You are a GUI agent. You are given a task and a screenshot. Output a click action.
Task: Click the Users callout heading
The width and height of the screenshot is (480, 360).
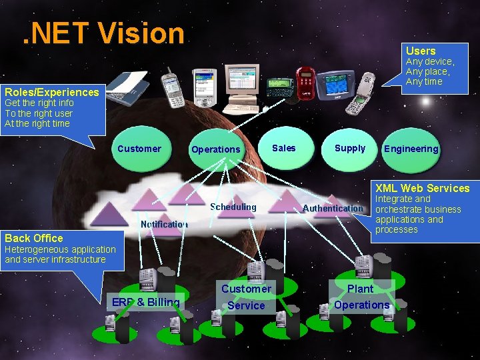tap(421, 51)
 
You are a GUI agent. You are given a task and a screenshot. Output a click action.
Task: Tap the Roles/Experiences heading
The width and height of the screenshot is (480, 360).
tap(51, 93)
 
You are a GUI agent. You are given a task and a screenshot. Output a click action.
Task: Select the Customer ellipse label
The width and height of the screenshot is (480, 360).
tap(139, 149)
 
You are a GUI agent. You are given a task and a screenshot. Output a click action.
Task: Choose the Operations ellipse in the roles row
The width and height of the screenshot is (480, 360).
tap(215, 149)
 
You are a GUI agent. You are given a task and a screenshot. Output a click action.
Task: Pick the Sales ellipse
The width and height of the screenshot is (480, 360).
tap(284, 148)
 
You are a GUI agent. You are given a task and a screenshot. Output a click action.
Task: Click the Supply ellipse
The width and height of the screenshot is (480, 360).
tap(350, 148)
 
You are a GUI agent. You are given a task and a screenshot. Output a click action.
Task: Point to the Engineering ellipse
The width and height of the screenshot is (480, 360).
tap(411, 149)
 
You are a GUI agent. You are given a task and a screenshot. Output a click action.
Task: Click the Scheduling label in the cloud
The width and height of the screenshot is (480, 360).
tap(233, 207)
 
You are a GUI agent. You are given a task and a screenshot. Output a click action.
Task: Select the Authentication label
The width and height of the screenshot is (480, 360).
tap(333, 208)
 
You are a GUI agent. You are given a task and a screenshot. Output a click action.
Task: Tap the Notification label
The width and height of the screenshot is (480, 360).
tap(164, 224)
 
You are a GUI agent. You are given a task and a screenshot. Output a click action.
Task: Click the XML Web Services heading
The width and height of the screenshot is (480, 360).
tap(422, 188)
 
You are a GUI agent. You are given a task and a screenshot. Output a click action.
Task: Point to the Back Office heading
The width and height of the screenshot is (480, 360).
tap(34, 238)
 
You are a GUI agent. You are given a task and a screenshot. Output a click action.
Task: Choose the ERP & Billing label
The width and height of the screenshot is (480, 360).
tap(145, 302)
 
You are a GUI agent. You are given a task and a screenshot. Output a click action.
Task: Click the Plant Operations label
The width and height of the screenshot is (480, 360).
tap(361, 297)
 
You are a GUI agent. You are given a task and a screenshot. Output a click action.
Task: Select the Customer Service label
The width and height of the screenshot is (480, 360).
tap(246, 297)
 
